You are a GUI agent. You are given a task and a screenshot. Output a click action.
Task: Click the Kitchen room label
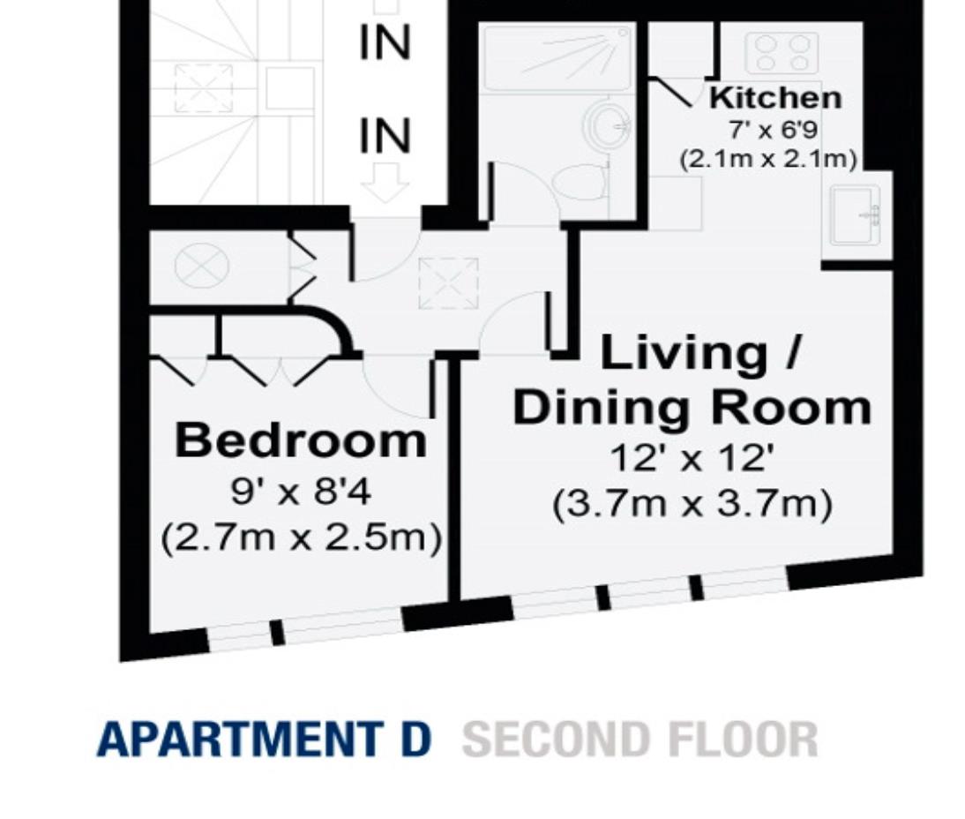(775, 97)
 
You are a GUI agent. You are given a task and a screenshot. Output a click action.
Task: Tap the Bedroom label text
(301, 440)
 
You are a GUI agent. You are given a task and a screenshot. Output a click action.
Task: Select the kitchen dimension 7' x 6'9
(773, 130)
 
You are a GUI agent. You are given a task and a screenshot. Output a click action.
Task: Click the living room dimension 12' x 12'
(692, 459)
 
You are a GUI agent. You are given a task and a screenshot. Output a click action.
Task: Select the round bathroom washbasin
(609, 124)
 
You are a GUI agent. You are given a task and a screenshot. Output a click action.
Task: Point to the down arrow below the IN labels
(385, 185)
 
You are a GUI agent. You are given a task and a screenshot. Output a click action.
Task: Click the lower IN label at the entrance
(385, 137)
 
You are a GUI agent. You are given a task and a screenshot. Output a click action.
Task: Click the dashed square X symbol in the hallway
(448, 283)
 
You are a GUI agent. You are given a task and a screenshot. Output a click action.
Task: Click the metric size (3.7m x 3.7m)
(692, 506)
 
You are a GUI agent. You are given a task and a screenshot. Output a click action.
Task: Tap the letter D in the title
(413, 740)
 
